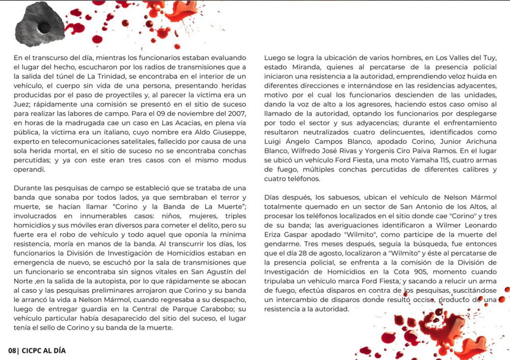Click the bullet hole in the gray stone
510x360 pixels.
44,25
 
